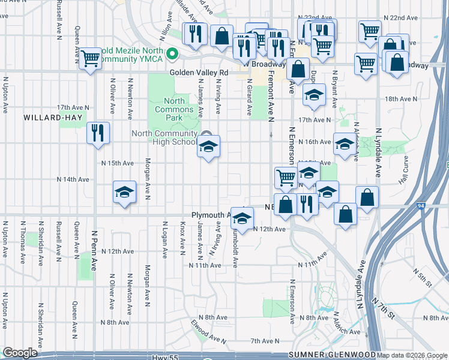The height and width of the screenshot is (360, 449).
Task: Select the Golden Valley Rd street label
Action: point(199,73)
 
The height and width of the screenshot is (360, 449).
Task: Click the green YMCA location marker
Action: point(173,55)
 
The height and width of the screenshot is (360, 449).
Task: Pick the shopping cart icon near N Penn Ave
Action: point(91,59)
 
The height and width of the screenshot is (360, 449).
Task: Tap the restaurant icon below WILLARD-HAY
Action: point(98,133)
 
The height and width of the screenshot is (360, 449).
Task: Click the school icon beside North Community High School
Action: point(208,146)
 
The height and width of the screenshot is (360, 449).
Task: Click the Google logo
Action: point(20,353)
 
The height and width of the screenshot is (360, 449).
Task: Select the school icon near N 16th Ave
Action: point(344,144)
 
